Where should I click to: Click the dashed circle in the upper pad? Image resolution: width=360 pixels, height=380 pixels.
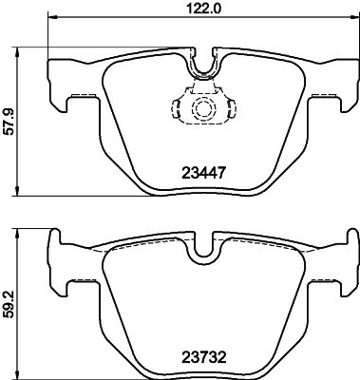click(202, 109)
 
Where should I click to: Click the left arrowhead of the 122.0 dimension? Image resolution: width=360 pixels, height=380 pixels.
click(51, 19)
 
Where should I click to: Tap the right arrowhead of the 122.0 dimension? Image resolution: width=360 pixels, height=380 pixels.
click(352, 19)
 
